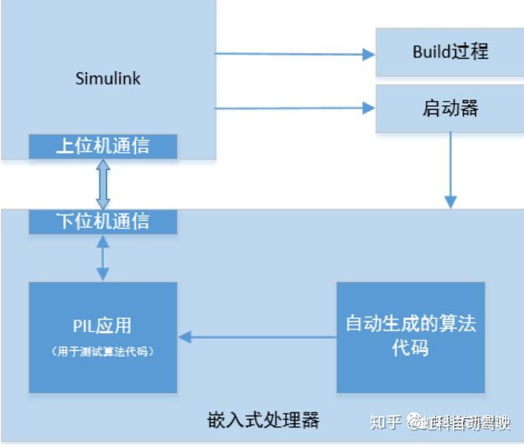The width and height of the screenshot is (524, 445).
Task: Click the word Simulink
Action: point(108,79)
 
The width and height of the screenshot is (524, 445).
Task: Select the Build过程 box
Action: point(450,52)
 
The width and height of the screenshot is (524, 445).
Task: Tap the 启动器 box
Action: point(450,109)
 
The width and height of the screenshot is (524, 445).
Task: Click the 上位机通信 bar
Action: point(103,146)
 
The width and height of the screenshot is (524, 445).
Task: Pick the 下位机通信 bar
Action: point(103,221)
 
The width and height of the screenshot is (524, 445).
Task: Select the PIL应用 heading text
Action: point(102,326)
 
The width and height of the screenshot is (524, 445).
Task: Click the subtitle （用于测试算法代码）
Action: point(102,352)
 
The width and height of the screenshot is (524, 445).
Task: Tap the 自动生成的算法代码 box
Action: point(410,337)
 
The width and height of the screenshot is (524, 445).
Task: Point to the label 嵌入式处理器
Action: point(263,421)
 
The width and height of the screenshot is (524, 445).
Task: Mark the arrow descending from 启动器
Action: point(450,171)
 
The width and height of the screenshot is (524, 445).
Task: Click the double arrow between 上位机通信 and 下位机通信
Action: point(103,184)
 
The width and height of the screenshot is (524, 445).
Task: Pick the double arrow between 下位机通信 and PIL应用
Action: point(103,258)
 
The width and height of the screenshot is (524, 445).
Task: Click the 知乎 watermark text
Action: point(385,423)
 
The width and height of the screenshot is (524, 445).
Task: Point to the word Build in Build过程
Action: point(431,52)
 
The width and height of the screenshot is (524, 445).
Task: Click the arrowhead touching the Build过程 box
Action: point(368,53)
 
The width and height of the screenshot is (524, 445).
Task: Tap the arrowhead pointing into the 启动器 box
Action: point(368,108)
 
